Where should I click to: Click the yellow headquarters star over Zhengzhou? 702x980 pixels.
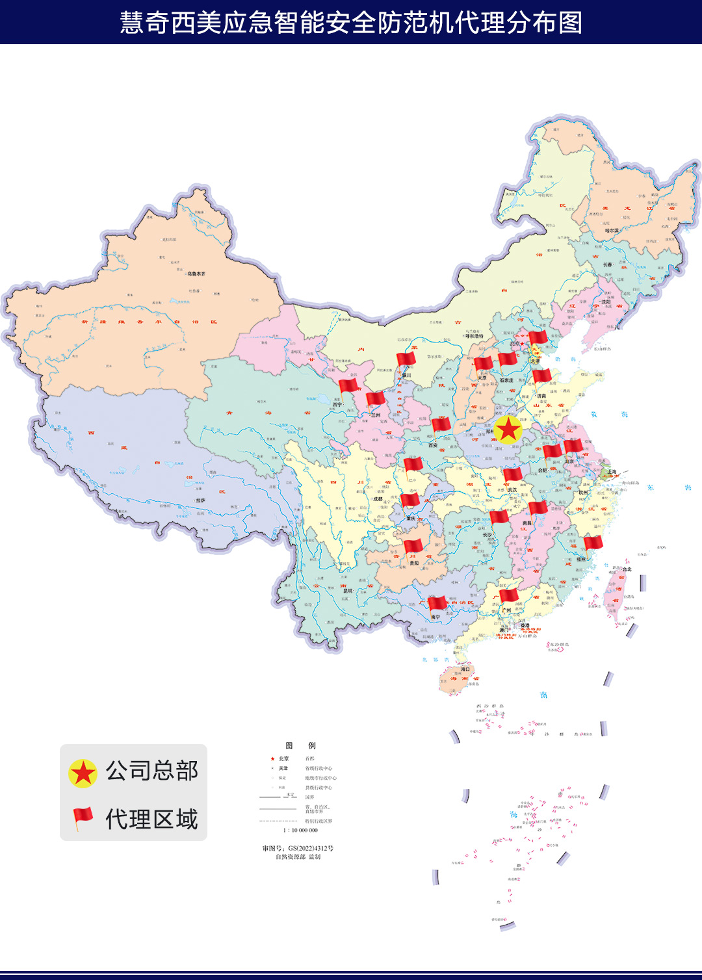tap(508, 430)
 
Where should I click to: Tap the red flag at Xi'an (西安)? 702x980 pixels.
tap(441, 426)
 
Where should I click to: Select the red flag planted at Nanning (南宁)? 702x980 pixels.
tap(437, 604)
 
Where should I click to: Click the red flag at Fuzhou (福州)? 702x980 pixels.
tap(593, 543)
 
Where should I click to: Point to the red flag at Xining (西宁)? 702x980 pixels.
tap(348, 385)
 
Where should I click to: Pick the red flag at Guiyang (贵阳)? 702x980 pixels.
tap(413, 546)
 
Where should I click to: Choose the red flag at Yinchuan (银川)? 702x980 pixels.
tap(406, 359)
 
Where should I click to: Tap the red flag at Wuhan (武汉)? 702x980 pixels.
tap(512, 474)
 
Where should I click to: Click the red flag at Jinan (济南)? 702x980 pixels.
tap(541, 376)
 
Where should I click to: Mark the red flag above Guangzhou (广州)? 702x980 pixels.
tap(508, 595)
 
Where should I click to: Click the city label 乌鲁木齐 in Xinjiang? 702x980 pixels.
tap(196, 274)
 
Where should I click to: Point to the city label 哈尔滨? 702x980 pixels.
tap(612, 231)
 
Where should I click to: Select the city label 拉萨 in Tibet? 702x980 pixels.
tap(200, 500)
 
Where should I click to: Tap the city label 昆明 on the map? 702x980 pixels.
tap(348, 591)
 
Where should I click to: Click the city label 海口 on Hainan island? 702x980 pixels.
tap(465, 669)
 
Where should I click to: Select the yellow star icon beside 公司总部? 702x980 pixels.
tap(83, 773)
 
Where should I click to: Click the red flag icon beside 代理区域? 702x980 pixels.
tap(83, 818)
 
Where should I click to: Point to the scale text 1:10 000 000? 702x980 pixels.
tap(300, 831)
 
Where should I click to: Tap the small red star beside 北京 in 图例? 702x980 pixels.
tap(272, 759)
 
